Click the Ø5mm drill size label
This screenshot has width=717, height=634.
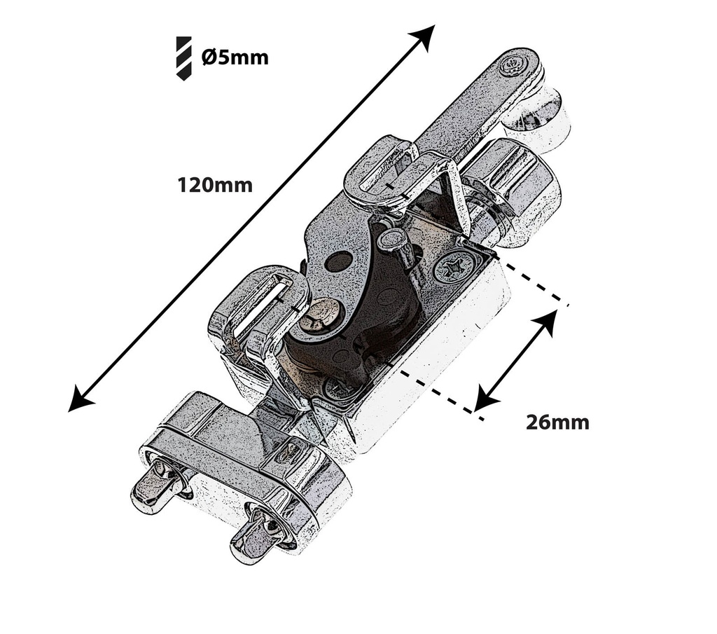235,57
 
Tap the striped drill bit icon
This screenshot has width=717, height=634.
184,59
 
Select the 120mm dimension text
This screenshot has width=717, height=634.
215,185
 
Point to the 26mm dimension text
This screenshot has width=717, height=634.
557,422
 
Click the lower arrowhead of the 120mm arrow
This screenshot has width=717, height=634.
81,398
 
